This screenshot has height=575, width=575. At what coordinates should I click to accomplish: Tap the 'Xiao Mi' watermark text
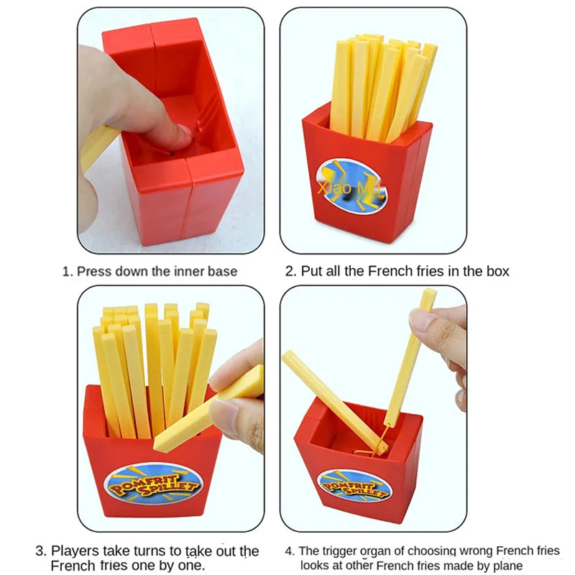click(348, 188)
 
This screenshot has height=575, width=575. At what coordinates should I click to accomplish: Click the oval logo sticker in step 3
click(153, 484)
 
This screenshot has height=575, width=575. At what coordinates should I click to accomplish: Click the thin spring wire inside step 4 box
click(378, 443)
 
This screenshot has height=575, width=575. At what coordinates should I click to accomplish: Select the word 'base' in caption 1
click(222, 272)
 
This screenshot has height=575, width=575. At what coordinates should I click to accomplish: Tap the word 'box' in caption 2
click(497, 272)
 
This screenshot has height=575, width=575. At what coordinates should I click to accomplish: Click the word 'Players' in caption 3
click(75, 551)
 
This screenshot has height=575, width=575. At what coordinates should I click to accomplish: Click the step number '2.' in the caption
click(291, 272)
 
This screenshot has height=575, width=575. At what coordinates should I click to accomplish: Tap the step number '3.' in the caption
click(41, 551)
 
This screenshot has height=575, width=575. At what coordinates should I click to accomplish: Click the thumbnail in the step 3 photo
click(224, 410)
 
